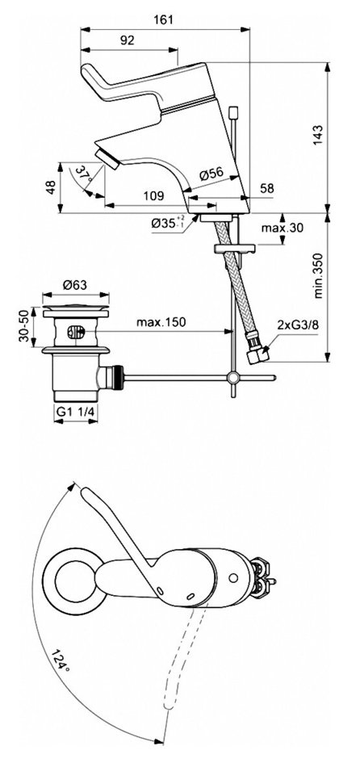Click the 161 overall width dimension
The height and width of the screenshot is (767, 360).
[x=165, y=20]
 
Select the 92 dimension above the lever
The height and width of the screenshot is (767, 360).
[x=128, y=40]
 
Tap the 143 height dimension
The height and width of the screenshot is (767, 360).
[x=318, y=135]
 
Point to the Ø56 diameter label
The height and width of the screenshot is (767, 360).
[x=211, y=173]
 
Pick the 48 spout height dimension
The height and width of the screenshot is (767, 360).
[x=51, y=187]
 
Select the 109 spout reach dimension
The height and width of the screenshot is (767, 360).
[x=153, y=195]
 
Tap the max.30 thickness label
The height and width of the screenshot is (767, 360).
[x=282, y=228]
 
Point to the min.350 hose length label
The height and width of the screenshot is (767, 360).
[x=318, y=276]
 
